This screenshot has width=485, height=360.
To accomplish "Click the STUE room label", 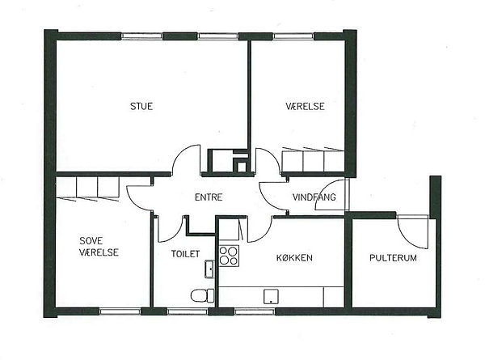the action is point(141,106).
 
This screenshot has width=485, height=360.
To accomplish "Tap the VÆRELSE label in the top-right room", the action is point(305,106).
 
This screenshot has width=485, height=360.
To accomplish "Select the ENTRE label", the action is point(209,197).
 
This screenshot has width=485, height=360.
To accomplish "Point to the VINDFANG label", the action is point(314,197).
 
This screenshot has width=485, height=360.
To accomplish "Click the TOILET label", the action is point(186,254).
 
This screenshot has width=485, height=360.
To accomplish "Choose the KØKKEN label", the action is point(294,257).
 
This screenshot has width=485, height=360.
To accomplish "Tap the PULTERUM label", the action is point(393,257).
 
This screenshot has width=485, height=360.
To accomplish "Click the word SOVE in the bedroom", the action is point(91,240).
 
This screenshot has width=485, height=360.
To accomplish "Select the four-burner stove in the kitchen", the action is point(230,256).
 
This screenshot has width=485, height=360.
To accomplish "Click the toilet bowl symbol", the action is point(202,295).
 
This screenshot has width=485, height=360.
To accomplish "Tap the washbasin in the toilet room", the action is point(209,269).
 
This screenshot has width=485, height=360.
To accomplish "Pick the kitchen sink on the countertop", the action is point(271,296).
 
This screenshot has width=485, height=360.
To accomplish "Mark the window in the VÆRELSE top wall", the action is point(293,36).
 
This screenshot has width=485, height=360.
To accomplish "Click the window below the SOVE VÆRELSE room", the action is point(120,311).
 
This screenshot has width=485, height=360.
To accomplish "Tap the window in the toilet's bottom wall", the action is point(188,311).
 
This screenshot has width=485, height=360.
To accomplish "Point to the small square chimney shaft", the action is point(242,167).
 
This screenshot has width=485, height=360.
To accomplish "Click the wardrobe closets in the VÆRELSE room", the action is point(313,159).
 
